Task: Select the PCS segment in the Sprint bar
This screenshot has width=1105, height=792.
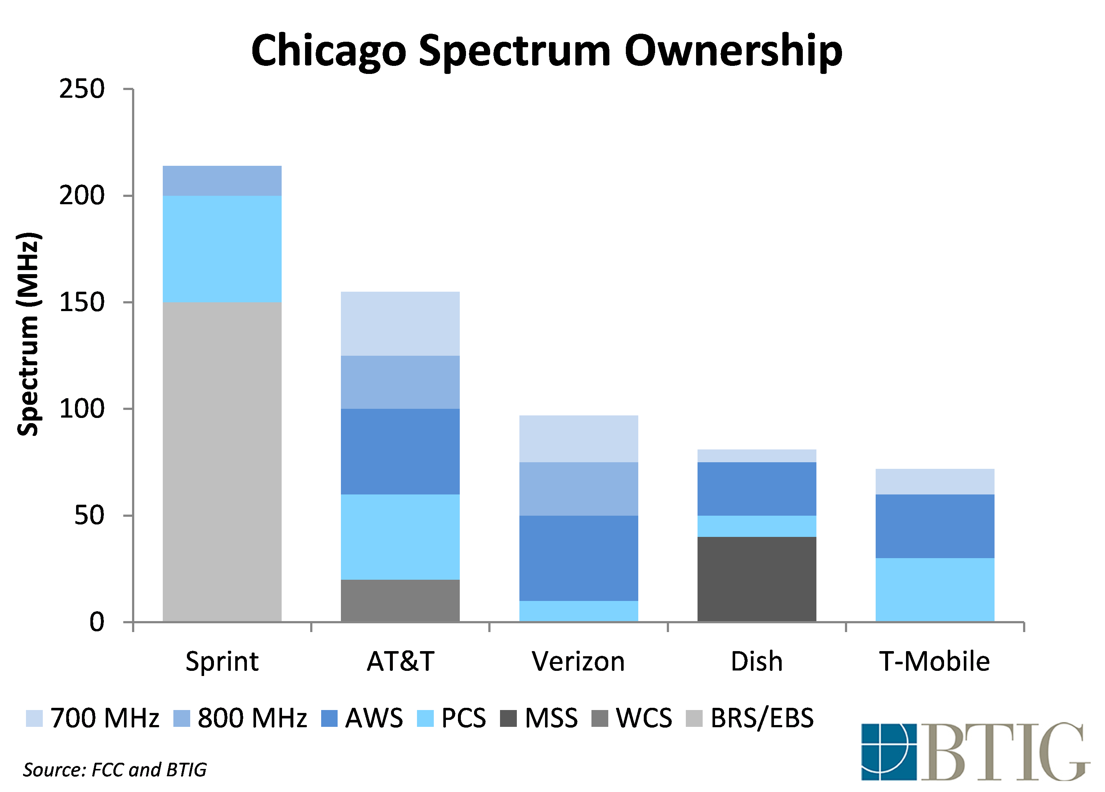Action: [x=222, y=249]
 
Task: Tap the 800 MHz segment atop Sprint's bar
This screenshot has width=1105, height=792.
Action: [x=222, y=180]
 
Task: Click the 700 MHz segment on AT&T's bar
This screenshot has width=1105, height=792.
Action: [x=400, y=323]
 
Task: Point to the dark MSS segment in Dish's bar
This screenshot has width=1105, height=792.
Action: [x=757, y=579]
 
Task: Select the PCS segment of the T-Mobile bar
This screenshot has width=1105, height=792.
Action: [x=935, y=589]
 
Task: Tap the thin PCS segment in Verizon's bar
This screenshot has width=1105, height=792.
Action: [x=578, y=611]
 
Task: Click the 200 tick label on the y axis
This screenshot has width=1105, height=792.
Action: [x=82, y=196]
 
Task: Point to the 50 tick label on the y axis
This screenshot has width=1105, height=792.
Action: [x=89, y=516]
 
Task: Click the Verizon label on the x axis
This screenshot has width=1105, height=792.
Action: [x=578, y=661]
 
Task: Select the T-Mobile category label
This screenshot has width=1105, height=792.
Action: [x=935, y=661]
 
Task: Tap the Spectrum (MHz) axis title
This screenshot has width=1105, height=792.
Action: [x=28, y=334]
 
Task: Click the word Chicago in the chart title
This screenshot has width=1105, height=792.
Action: [x=328, y=51]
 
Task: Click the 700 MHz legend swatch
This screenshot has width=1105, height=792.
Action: [x=34, y=718]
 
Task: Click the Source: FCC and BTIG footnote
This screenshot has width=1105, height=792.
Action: [x=115, y=770]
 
